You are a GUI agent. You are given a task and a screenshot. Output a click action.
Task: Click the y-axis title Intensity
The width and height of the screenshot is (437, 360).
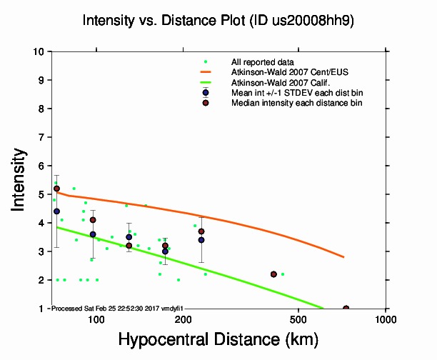[x=20, y=179]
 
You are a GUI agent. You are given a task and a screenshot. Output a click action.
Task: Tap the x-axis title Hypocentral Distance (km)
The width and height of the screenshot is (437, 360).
[x=218, y=339]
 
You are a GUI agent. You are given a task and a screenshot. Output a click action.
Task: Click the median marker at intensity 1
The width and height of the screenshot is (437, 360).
[x=346, y=309]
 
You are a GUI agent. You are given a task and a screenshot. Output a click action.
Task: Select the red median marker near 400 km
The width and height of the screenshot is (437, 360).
[x=273, y=274]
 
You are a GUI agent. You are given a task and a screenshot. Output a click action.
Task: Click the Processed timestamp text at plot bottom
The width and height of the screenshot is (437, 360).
[x=117, y=308]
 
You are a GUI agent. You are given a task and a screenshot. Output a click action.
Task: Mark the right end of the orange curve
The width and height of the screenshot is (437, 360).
[x=345, y=257]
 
